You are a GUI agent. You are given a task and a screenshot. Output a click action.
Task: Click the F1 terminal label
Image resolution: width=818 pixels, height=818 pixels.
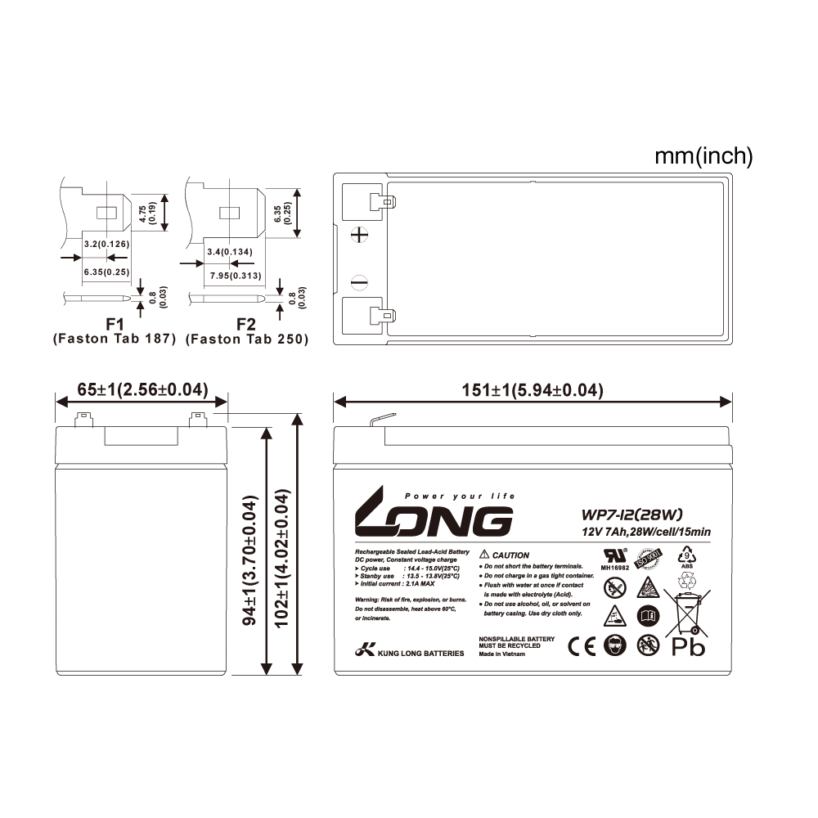point(114,325)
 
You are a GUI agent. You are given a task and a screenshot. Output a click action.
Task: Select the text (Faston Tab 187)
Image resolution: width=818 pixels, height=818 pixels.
point(114,339)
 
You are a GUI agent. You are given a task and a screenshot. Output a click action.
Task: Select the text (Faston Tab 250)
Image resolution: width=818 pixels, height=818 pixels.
point(247,339)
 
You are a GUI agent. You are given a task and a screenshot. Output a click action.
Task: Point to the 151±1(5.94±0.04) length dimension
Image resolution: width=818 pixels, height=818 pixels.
point(533,392)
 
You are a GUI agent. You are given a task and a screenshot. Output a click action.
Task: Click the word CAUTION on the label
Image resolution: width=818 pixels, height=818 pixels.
point(511,554)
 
